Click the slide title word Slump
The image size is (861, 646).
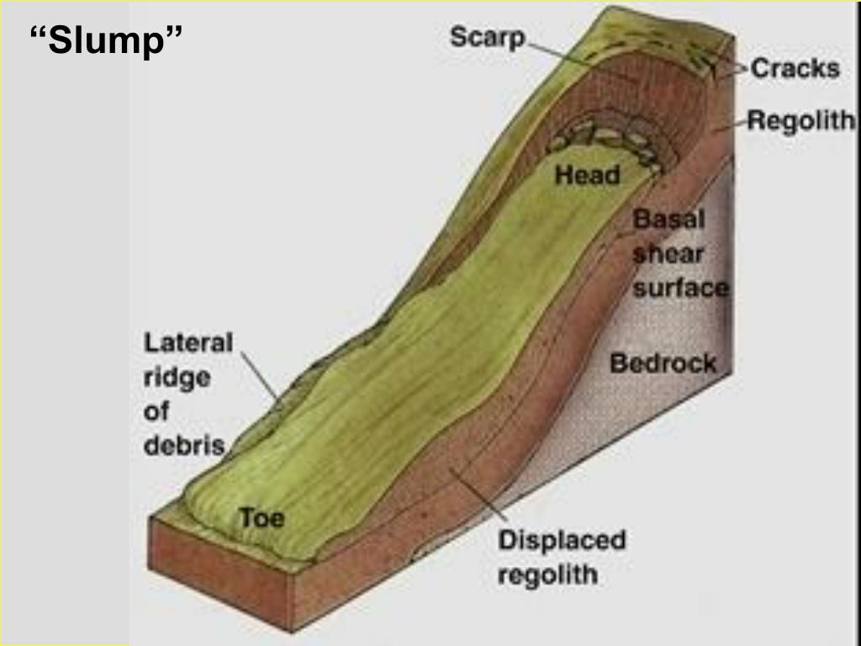(106, 40)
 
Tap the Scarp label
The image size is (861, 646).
(488, 38)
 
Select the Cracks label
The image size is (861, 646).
(795, 67)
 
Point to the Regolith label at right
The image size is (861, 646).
(800, 121)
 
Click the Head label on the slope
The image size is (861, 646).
(587, 175)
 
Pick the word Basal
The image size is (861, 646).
(669, 220)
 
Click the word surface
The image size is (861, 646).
(680, 289)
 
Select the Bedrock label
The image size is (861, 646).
(663, 363)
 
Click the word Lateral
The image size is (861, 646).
(188, 343)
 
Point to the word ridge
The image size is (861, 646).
(177, 378)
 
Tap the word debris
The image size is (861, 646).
(184, 445)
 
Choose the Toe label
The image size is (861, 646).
(261, 517)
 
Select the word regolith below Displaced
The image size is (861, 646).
(547, 575)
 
